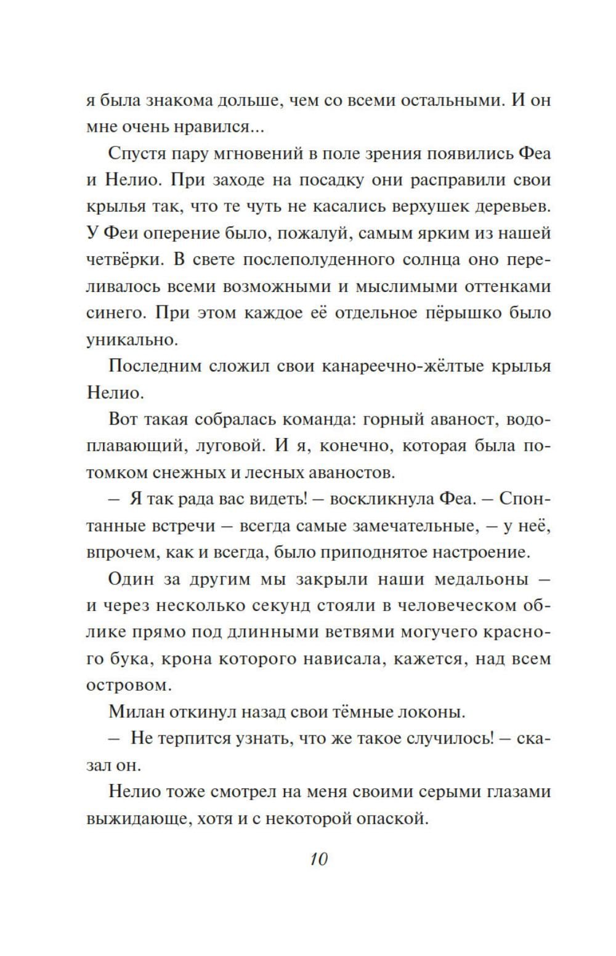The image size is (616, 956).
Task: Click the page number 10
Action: pos(318,859)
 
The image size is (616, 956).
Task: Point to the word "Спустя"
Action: pos(139,154)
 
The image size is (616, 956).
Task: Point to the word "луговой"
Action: pos(228,446)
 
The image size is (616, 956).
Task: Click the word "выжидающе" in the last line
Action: pos(138,819)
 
